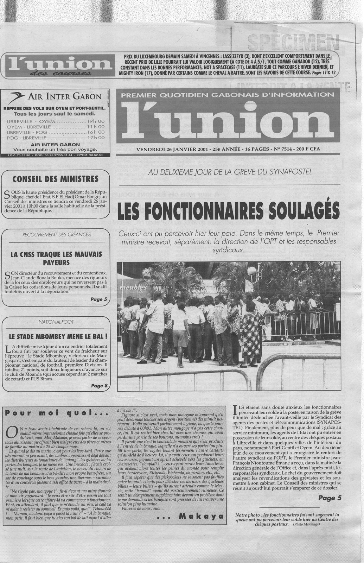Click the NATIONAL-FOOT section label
point(56,322)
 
